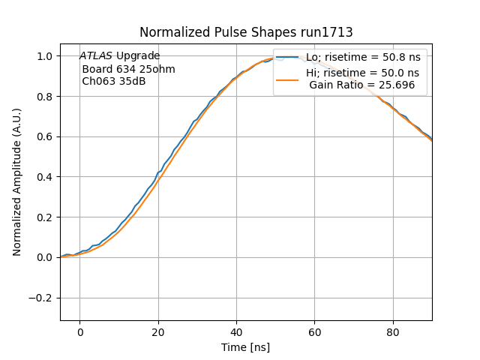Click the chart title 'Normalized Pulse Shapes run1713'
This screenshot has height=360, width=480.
(x=246, y=32)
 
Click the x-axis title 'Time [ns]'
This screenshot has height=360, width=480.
(x=245, y=347)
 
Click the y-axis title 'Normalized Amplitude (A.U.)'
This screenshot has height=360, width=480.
(x=17, y=182)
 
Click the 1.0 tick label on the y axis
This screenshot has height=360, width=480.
(x=43, y=56)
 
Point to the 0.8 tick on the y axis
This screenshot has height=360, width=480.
(x=43, y=97)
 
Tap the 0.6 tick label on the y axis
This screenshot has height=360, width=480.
(x=43, y=136)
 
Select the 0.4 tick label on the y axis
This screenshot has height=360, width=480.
(x=43, y=177)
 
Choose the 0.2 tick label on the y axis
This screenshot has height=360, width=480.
(x=43, y=217)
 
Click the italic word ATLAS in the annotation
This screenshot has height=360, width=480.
(x=96, y=56)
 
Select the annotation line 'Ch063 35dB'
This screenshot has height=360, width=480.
(x=113, y=81)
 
